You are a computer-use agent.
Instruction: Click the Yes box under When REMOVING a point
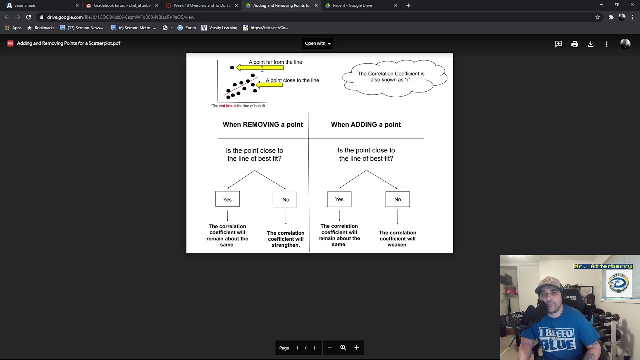(227, 199)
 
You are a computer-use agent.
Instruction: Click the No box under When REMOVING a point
(285, 199)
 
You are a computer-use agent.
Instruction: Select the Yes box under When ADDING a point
(339, 199)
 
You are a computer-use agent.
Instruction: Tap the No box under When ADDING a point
(397, 199)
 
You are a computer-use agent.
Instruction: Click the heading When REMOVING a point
(263, 124)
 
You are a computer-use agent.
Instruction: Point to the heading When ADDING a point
(366, 124)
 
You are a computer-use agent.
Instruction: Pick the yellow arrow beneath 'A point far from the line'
(260, 68)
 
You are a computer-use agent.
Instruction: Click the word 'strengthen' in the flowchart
(285, 245)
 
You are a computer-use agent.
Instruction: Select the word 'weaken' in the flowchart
(397, 245)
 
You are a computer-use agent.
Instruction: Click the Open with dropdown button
(318, 43)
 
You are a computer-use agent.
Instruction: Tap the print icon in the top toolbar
(575, 44)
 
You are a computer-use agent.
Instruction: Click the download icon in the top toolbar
(591, 44)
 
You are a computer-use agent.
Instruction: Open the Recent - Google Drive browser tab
(352, 5)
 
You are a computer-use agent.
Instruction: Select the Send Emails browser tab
(25, 5)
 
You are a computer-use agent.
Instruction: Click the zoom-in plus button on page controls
(357, 348)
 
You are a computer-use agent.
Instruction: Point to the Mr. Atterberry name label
(603, 266)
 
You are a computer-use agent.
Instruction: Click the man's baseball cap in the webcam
(550, 283)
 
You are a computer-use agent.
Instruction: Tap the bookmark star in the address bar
(598, 17)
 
